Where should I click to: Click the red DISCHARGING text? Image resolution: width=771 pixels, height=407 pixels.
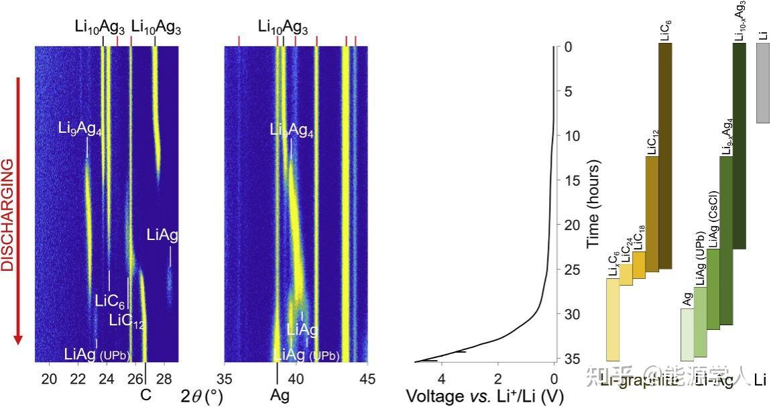coord(8,215)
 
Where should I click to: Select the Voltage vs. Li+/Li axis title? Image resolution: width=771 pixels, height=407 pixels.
coord(484,396)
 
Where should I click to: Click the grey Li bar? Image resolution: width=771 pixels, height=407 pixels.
coord(762,84)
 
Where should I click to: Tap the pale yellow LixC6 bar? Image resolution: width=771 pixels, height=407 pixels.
coord(613,319)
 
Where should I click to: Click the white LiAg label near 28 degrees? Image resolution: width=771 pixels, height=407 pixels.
coord(163,235)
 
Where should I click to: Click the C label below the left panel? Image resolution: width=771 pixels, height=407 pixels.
coord(145,395)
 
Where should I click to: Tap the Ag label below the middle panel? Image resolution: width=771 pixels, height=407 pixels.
coord(280,395)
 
